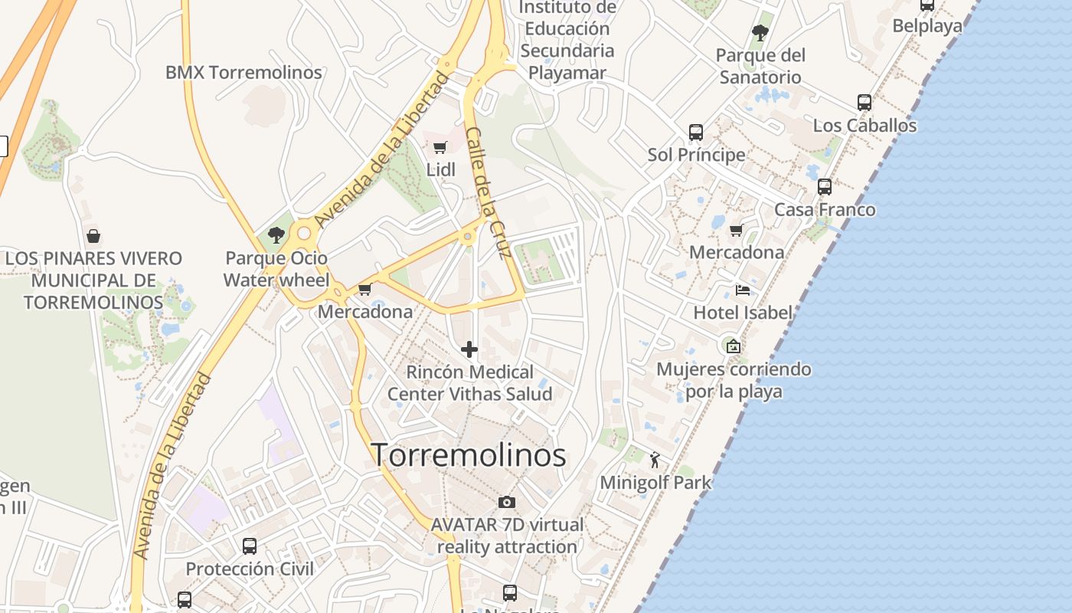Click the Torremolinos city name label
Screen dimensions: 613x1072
[x=469, y=455]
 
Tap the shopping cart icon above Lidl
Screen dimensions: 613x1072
[x=440, y=147]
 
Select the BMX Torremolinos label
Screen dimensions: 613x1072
[x=243, y=73]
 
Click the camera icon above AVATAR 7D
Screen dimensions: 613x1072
[x=506, y=503]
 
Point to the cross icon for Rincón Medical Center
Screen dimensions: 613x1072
[x=469, y=350]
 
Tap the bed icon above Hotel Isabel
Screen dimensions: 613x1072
[x=742, y=290]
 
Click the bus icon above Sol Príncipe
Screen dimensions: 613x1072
[x=696, y=132]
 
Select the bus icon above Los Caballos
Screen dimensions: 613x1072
[x=864, y=102]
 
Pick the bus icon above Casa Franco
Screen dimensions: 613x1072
[x=825, y=186]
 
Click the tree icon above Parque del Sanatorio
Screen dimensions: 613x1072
[x=760, y=33]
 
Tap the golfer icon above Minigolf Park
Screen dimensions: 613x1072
[x=655, y=460]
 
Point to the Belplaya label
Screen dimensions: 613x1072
[x=927, y=26]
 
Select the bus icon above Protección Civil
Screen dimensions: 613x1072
[x=250, y=546]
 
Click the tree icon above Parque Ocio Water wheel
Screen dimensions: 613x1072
[x=276, y=235]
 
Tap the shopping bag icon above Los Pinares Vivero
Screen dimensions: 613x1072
[x=93, y=235]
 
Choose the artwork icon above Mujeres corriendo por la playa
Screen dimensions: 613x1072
[x=734, y=346]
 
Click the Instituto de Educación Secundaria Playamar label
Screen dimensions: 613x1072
[x=567, y=40]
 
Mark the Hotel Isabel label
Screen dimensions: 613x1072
[x=743, y=313]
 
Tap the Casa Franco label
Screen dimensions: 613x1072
[x=825, y=210]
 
